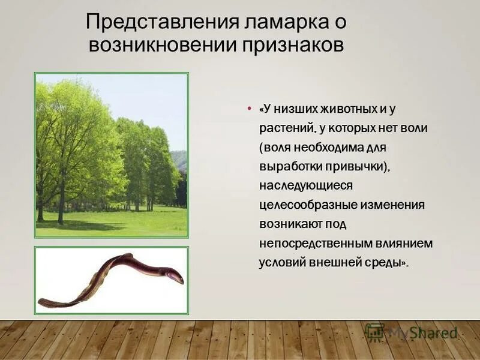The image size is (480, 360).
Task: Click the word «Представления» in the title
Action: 163,22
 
